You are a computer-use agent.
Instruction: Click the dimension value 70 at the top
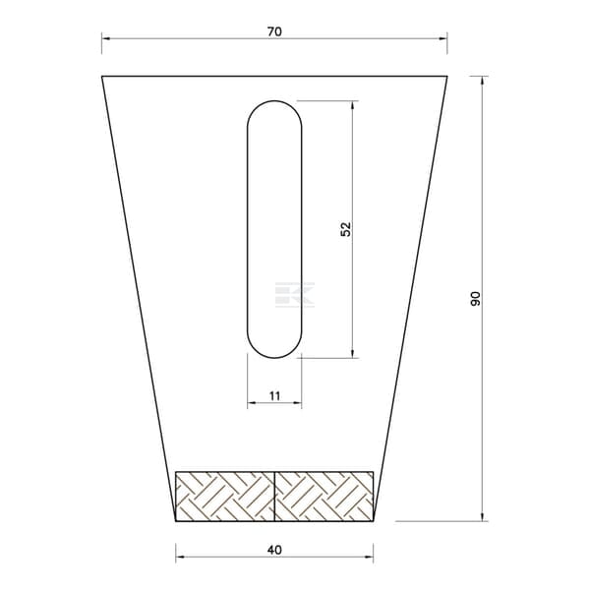pos(274,32)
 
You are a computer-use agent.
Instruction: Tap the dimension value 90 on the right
pos(476,298)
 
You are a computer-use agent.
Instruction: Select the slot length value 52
pos(345,229)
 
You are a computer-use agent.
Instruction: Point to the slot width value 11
pos(274,396)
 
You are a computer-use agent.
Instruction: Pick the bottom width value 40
pos(274,550)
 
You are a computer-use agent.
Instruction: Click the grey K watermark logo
pos(295,295)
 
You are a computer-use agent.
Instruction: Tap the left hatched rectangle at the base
pos(225,497)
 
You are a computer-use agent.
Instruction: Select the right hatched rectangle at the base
pos(324,497)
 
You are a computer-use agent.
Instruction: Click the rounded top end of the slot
pos(274,101)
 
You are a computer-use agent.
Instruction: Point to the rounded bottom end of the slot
pos(274,358)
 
